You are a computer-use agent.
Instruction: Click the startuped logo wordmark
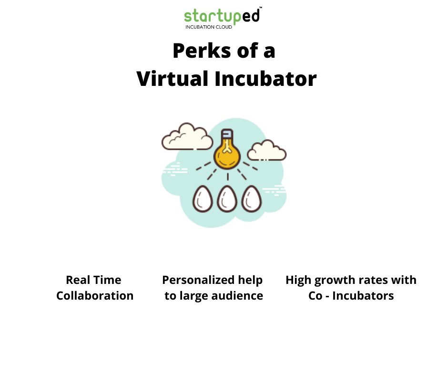click(x=222, y=16)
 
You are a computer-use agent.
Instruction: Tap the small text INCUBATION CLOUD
click(x=209, y=27)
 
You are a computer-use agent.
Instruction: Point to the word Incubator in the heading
click(x=265, y=79)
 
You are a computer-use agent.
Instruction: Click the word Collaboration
click(x=95, y=296)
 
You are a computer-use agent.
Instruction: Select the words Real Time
click(x=93, y=280)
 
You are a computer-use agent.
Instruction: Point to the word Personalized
click(x=193, y=280)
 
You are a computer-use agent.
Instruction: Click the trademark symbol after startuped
click(x=261, y=9)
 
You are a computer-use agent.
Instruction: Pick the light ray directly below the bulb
click(x=227, y=177)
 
